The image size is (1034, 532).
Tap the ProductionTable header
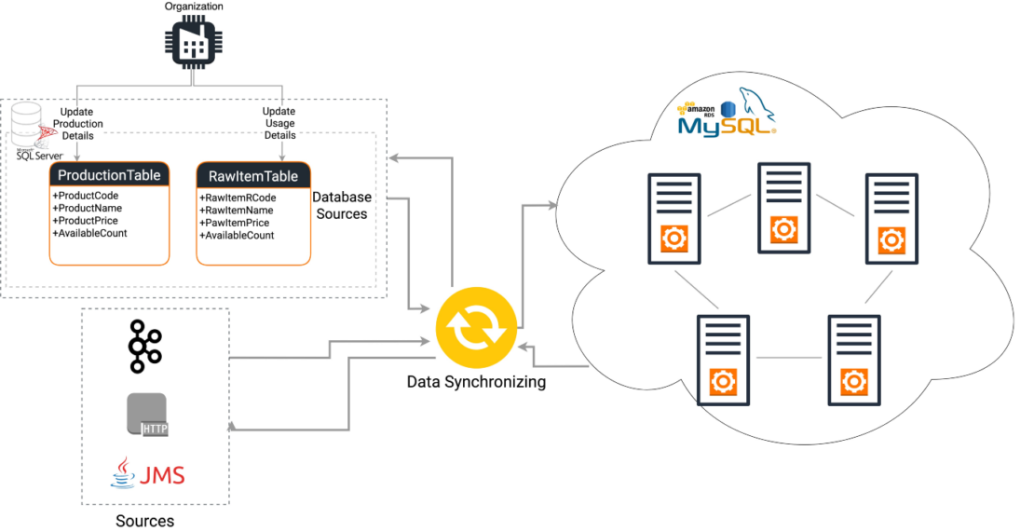pyautogui.click(x=109, y=175)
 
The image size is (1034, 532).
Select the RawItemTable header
pyautogui.click(x=253, y=176)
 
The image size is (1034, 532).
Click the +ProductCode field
pyautogui.click(x=86, y=196)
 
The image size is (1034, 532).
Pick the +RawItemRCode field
pyautogui.click(x=238, y=198)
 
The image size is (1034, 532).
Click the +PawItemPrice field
pyautogui.click(x=234, y=224)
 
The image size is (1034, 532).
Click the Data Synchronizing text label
pyautogui.click(x=476, y=382)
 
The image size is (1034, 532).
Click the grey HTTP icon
pyautogui.click(x=147, y=416)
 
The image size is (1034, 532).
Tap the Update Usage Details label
pyautogui.click(x=279, y=124)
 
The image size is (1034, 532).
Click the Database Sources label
pyautogui.click(x=341, y=206)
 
